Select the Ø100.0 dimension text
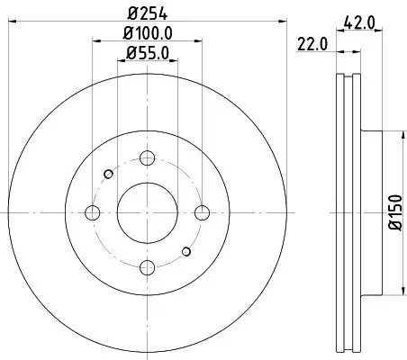147,34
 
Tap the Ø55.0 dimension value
147,55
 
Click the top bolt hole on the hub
146,158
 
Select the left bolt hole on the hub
92,212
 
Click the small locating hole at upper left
108,174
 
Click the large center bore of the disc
146,212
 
